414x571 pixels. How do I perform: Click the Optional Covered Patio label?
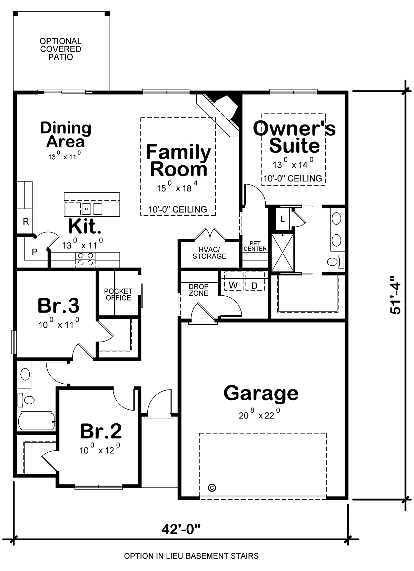61,49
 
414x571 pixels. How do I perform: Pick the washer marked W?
233,285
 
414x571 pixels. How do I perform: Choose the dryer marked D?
254,286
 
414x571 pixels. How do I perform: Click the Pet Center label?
255,246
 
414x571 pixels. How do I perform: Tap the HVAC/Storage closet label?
209,253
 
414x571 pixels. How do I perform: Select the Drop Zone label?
198,290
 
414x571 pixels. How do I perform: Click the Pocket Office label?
118,294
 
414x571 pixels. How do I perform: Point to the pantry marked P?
34,252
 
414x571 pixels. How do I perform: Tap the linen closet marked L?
283,219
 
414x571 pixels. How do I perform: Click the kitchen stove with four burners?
85,260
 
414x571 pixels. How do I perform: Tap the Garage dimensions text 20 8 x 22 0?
259,414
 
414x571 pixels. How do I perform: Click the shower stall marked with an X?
283,253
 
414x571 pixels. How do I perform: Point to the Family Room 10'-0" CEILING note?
178,209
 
